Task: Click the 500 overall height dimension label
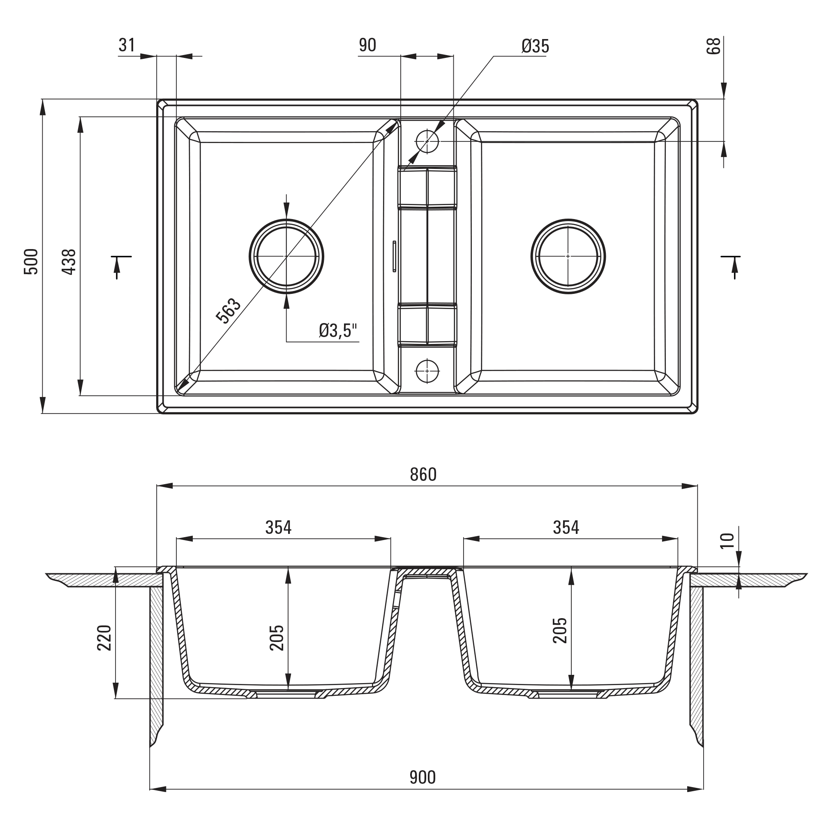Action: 31,261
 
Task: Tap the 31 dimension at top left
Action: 126,45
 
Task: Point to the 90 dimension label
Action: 367,45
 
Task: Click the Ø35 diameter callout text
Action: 535,46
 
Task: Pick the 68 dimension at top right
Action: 713,46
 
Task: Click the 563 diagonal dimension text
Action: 229,311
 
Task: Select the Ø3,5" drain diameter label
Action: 338,330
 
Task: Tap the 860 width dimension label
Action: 423,474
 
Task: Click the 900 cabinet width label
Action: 423,777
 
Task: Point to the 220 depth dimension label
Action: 104,638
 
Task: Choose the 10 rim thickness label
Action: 727,541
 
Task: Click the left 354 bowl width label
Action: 279,528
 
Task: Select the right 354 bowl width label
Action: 566,528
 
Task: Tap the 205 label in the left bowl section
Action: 277,637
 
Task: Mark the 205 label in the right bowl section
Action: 560,630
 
